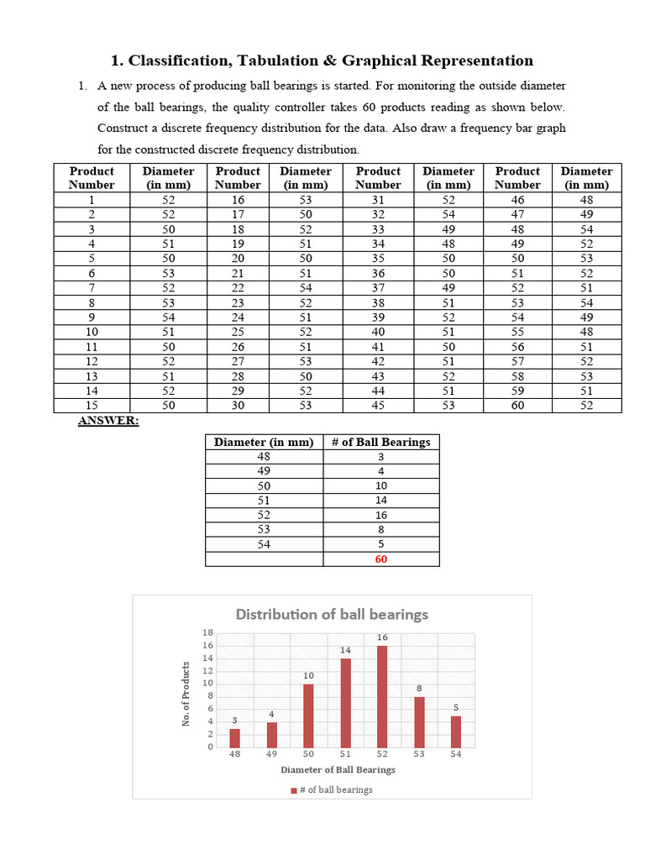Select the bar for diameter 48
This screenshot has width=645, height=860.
[x=235, y=738]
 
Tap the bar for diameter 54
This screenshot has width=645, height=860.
[x=456, y=732]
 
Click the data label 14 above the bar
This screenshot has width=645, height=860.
[x=345, y=650]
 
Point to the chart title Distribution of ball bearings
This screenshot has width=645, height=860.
[x=332, y=614]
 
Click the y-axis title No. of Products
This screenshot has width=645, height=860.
[x=186, y=694]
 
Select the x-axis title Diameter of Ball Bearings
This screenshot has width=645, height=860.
[x=338, y=769]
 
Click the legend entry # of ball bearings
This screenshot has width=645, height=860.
[x=333, y=789]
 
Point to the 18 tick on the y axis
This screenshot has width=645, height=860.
[x=208, y=632]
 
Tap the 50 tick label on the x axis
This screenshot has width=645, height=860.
[x=308, y=754]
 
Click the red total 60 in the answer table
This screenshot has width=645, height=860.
[x=380, y=558]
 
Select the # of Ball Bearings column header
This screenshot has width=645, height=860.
[x=380, y=442]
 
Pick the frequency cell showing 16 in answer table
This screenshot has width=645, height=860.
[x=380, y=515]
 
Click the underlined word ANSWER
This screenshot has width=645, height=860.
[x=108, y=420]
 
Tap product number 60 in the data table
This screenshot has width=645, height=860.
[x=517, y=406]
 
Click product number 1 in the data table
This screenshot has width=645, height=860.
[x=91, y=200]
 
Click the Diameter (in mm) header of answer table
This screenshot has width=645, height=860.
[x=264, y=442]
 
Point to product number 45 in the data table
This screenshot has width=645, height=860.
[x=378, y=406]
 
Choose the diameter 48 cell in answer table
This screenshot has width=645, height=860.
[x=264, y=457]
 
